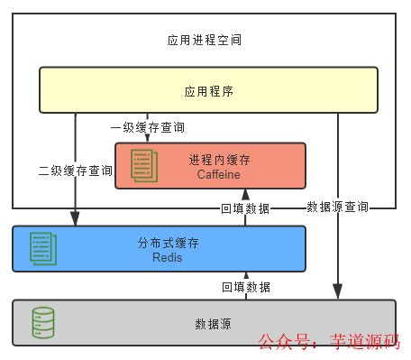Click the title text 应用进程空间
pos(205,41)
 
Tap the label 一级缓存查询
pos(148,128)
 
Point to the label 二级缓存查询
pos(76,170)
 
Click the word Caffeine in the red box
pos(220,173)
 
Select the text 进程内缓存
pos(220,159)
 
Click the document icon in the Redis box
pos(41,248)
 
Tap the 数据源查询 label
pos(337,207)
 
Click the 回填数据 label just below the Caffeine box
pos(245,208)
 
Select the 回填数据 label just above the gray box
pos(245,287)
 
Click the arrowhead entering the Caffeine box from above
pos(148,139)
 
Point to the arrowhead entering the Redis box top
pos(76,221)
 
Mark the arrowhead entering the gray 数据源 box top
pos(338,295)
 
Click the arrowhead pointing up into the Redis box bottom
pos(245,275)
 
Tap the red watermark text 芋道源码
pos(366,342)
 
